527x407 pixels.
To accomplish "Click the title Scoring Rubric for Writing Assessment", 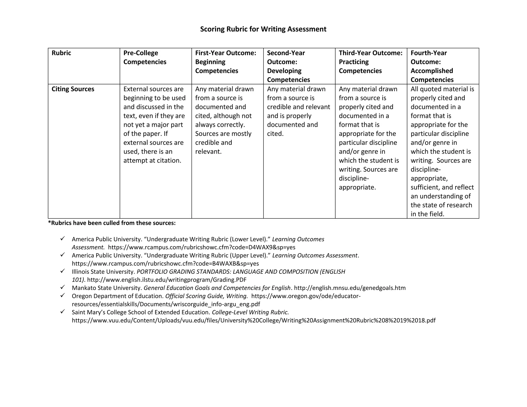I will (x=263, y=29).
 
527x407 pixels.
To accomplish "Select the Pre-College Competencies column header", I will (x=145, y=57).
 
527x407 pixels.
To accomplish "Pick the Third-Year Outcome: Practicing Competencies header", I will (x=371, y=62).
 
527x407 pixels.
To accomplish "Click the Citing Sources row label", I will (x=73, y=89).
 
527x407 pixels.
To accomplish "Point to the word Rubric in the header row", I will (x=61, y=53).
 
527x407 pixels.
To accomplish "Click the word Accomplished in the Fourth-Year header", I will (x=432, y=71).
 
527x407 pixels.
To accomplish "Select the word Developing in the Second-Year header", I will (x=284, y=71).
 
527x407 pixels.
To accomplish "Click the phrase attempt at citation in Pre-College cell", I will (x=152, y=161).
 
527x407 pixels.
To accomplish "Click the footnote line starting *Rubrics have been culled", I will (x=112, y=223).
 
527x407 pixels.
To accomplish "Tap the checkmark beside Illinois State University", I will (x=62, y=271).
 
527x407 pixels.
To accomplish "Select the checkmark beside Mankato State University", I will (x=62, y=287).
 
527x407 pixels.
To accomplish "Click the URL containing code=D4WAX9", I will (x=201, y=247).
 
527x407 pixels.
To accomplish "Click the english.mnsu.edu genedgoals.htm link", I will (x=349, y=288).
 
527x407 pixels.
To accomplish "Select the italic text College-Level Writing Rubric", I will (x=250, y=312).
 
